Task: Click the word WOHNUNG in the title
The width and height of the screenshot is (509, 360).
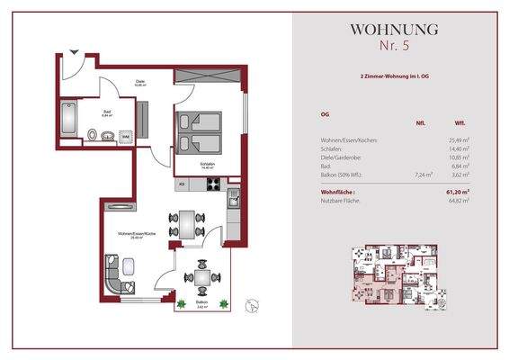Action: click(395, 29)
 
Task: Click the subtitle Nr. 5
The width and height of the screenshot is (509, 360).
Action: click(395, 45)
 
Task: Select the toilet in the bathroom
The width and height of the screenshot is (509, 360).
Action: click(94, 136)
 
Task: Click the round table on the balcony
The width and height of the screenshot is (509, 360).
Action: click(200, 278)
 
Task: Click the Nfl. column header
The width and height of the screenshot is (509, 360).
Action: click(420, 123)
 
